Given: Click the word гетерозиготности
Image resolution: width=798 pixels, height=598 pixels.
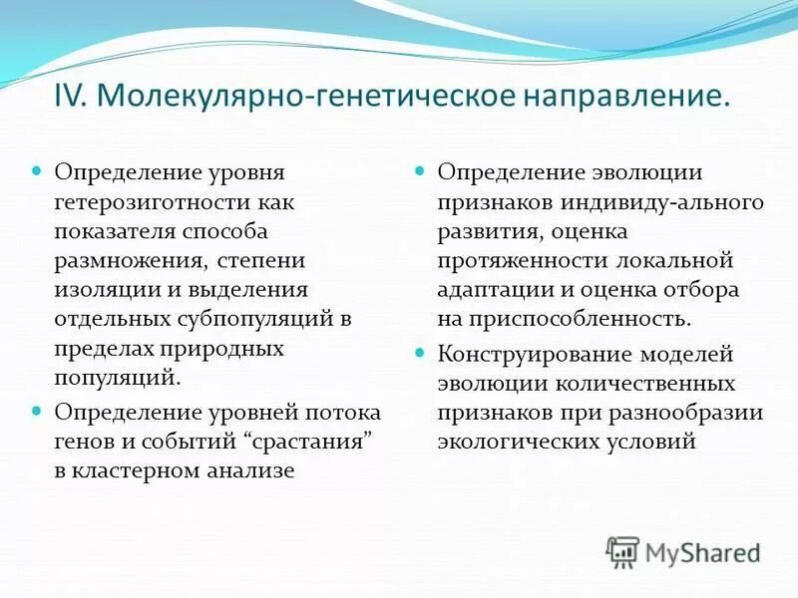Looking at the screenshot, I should tap(146, 201).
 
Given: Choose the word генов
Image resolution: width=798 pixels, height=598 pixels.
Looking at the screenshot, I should tap(83, 440).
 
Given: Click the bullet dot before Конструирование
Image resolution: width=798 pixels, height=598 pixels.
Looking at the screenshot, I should tap(420, 354).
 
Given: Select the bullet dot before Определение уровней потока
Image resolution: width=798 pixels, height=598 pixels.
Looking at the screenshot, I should tap(37, 411).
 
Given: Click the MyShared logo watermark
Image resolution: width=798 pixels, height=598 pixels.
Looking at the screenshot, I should tap(682, 552).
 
